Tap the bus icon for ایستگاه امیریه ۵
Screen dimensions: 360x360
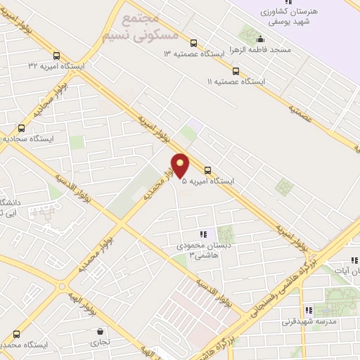click(x=207, y=169)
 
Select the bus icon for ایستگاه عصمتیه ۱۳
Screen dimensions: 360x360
click(x=194, y=42)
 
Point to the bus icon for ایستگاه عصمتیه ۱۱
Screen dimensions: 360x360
click(x=236, y=71)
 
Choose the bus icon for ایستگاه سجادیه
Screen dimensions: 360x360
click(x=21, y=128)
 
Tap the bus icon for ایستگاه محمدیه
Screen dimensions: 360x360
click(x=15, y=334)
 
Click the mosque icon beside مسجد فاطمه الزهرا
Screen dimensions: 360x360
click(x=260, y=39)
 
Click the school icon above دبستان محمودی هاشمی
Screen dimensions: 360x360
click(x=202, y=234)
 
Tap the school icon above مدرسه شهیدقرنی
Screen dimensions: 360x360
click(x=308, y=310)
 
